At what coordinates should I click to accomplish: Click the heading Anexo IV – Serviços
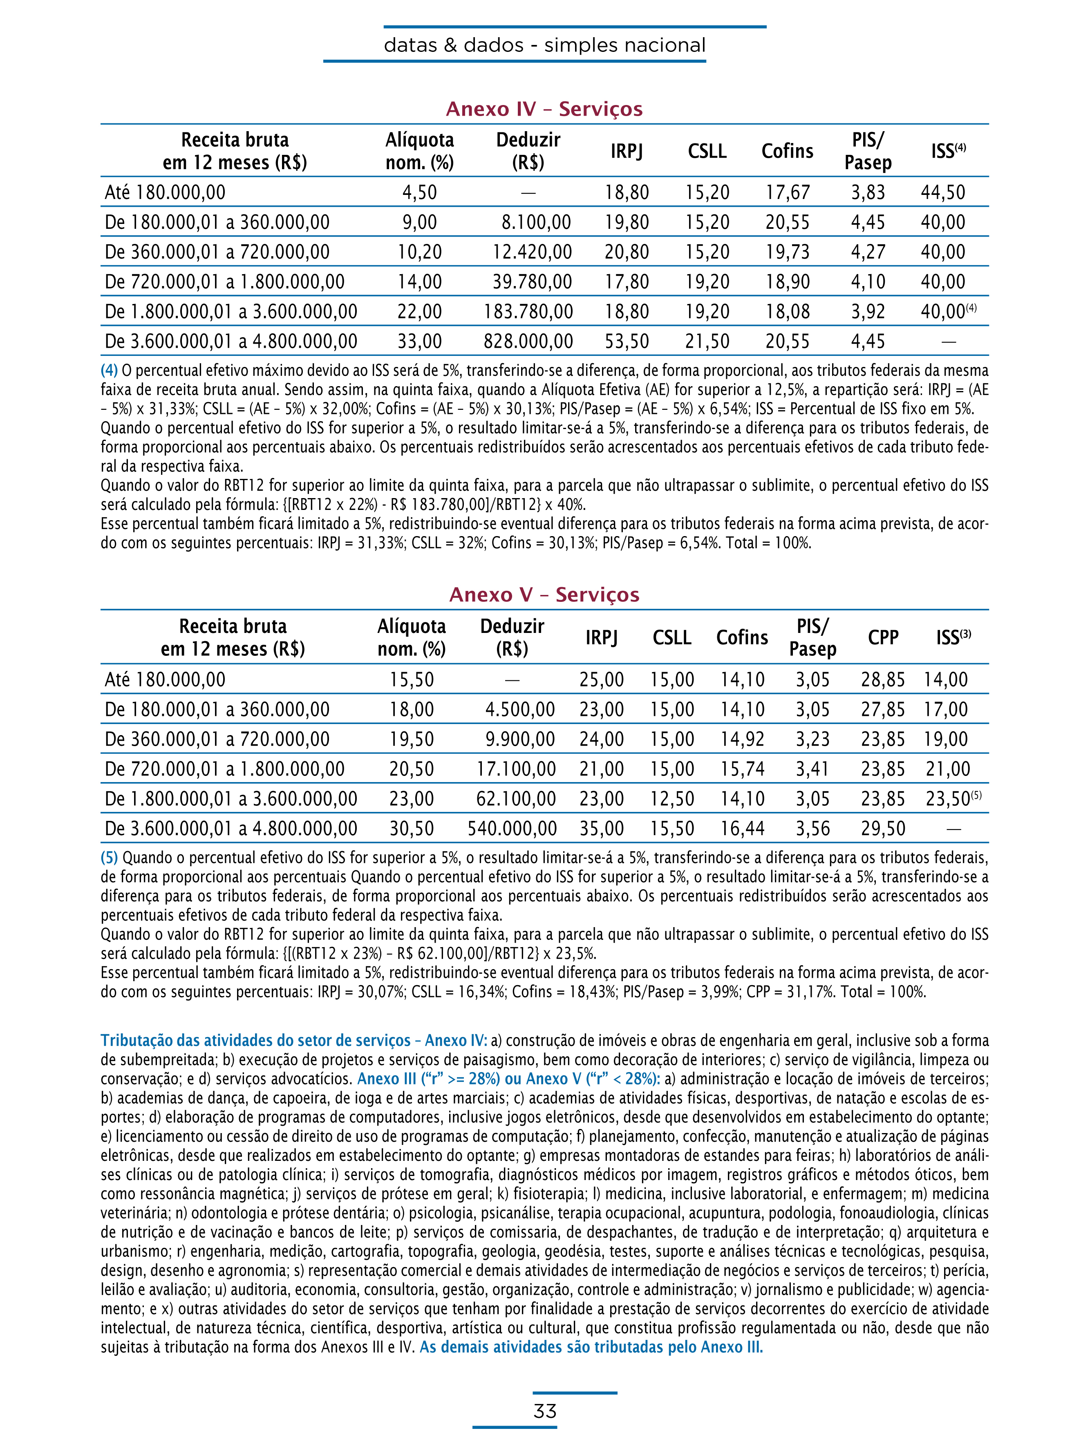coord(544,109)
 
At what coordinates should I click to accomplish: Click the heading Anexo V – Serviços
coord(544,595)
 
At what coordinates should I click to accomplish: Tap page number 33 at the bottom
coord(545,1411)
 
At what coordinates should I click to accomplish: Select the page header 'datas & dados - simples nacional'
coord(545,45)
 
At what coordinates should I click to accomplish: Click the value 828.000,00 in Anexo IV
coord(528,342)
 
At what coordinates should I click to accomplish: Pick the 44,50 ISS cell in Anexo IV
coord(943,192)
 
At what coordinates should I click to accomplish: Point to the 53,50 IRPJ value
coord(627,342)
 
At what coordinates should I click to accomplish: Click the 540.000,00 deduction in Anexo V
coord(512,829)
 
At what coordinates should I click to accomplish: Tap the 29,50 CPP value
coord(883,829)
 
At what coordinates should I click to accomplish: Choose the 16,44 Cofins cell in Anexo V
coord(743,829)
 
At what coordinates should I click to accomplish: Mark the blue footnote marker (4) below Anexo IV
coord(109,371)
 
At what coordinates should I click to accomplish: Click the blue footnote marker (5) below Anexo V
coord(109,858)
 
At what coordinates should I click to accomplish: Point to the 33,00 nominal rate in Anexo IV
coord(419,342)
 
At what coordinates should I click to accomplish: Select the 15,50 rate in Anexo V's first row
coord(411,680)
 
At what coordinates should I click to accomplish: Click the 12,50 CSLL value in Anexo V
coord(672,799)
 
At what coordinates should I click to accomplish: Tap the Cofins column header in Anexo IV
coord(787,151)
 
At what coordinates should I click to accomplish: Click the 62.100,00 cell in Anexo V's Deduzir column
coord(516,799)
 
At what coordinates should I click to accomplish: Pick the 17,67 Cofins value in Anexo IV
coord(787,192)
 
